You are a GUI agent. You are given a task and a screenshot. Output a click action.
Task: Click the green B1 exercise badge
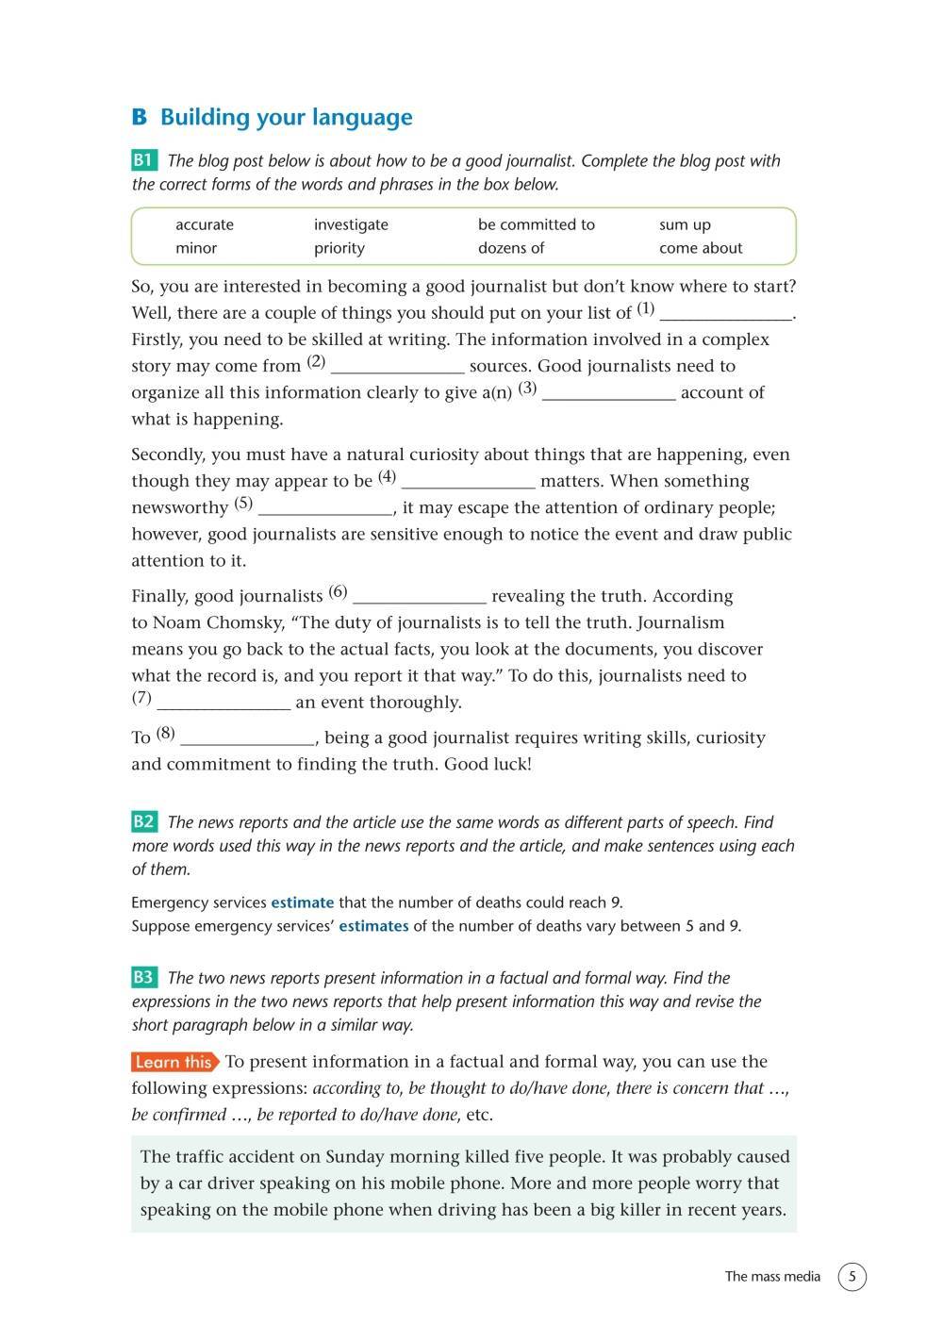(144, 160)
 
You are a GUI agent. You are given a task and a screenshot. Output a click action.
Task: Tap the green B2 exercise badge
(144, 821)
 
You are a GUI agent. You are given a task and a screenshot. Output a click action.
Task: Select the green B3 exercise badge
(144, 977)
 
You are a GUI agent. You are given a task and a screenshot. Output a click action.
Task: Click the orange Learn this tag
(174, 1062)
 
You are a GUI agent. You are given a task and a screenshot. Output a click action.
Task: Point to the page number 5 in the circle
(852, 1277)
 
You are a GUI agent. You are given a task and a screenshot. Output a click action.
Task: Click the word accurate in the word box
(205, 224)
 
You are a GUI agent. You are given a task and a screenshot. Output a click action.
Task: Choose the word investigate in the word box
(351, 224)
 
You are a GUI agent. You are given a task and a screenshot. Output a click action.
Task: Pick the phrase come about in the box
(701, 248)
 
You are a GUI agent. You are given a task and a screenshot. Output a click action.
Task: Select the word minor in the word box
(196, 248)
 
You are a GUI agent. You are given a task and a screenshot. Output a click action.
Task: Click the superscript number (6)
(338, 592)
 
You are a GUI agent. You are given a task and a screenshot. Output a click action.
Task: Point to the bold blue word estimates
(373, 926)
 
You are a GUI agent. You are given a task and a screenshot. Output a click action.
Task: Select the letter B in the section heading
(140, 118)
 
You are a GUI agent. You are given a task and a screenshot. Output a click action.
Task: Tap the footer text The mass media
(772, 1277)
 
